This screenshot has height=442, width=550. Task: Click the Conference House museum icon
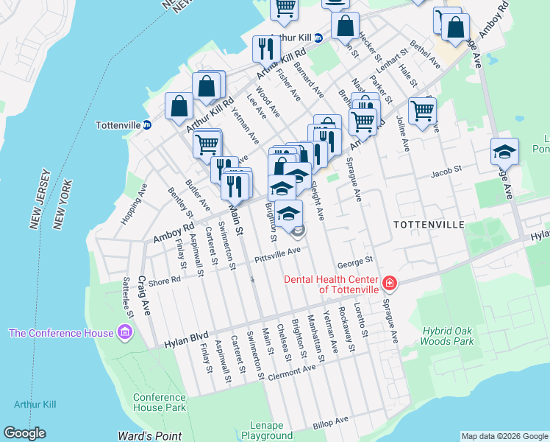pyautogui.click(x=124, y=333)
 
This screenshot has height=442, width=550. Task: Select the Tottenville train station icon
pyautogui.click(x=147, y=124)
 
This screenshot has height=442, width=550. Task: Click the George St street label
pyautogui.click(x=356, y=260)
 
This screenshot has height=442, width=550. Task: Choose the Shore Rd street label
pyautogui.click(x=165, y=280)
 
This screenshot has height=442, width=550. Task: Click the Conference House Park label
pyautogui.click(x=160, y=402)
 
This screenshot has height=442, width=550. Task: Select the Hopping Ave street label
pyautogui.click(x=135, y=207)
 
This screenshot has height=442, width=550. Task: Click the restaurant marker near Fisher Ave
pyautogui.click(x=265, y=49)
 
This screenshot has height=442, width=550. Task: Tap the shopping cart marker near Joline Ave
pyautogui.click(x=422, y=111)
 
